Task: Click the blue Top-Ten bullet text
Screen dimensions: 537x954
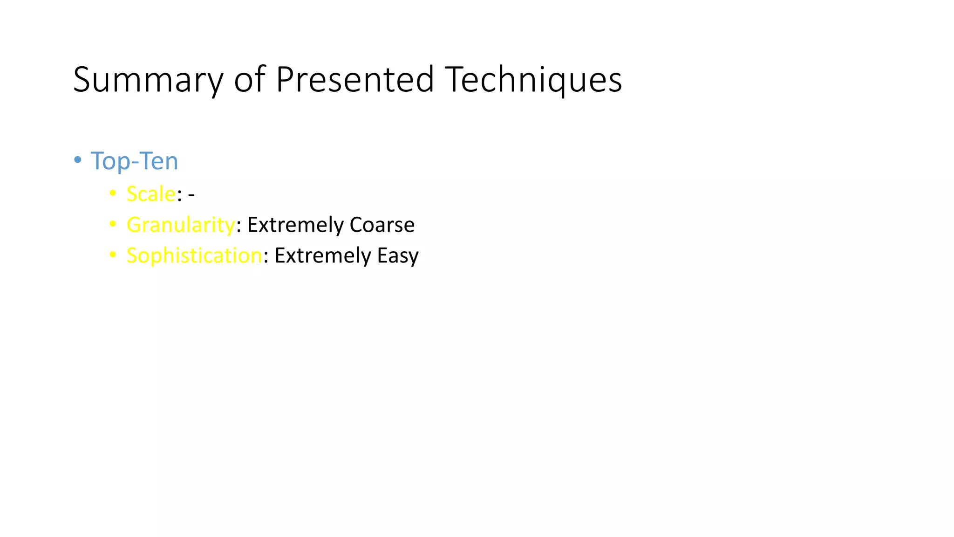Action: [134, 161]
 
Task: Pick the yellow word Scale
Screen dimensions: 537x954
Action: [151, 194]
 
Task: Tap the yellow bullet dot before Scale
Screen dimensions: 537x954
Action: [113, 193]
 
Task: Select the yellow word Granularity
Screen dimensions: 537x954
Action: [181, 225]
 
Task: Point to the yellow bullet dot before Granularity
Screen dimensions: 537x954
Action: [113, 224]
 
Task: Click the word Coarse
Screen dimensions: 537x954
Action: [382, 225]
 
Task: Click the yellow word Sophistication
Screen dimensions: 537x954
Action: [194, 256]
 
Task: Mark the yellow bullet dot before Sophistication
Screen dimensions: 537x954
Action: [113, 255]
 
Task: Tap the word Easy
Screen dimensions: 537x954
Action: [398, 256]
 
